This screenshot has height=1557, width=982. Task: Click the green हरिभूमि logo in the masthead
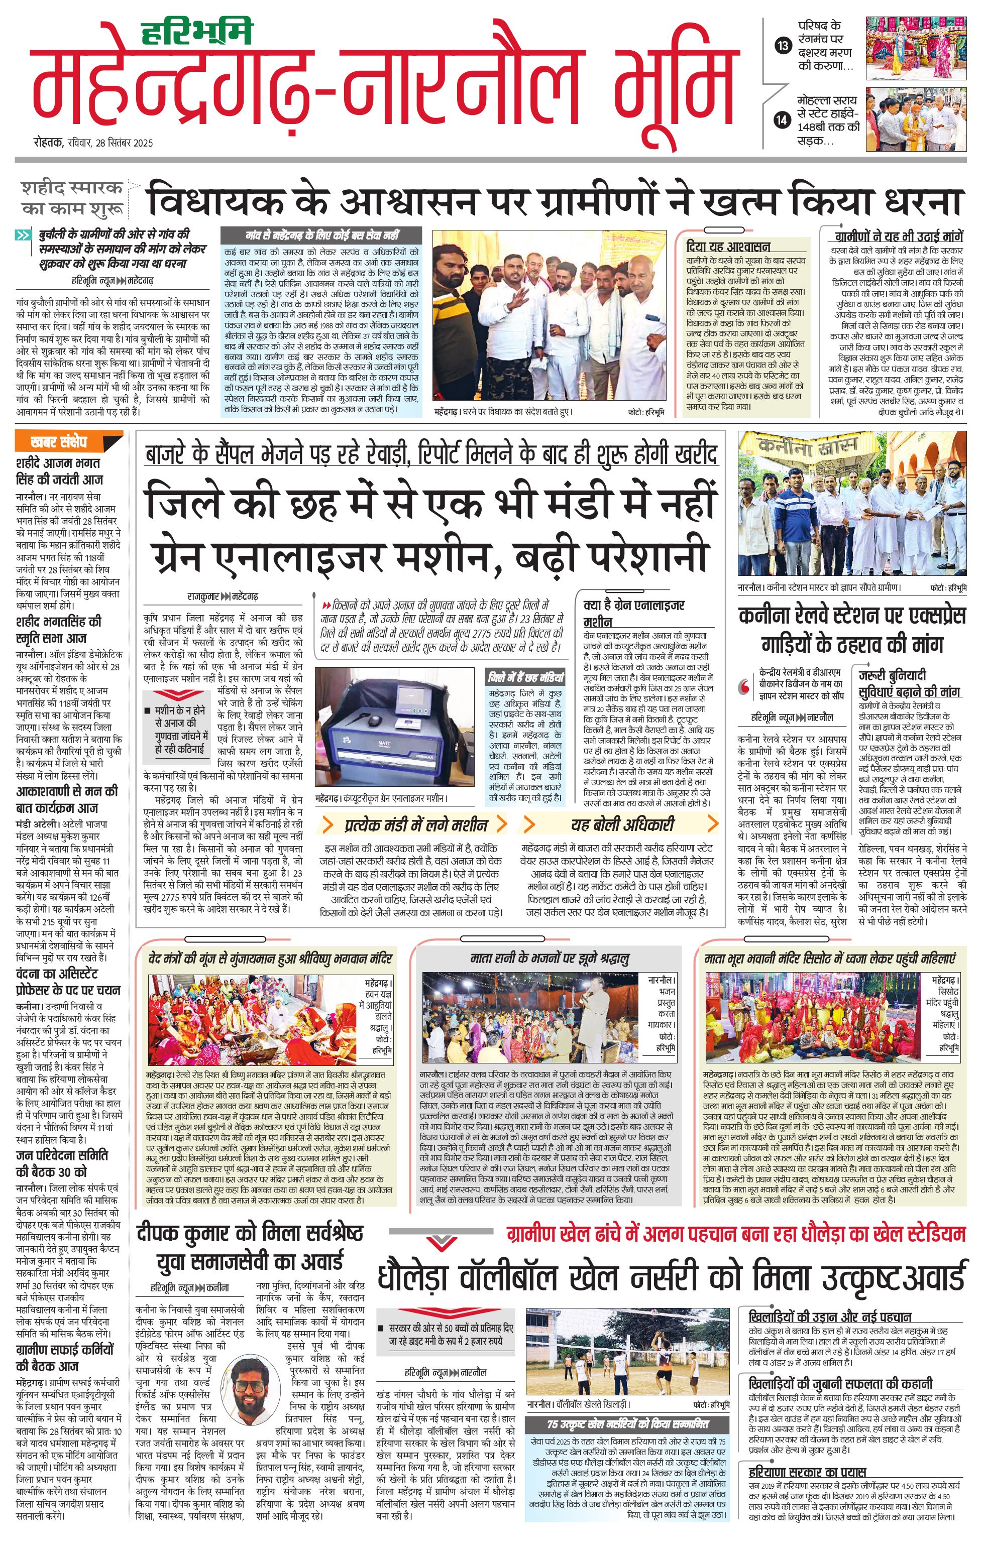pos(197,32)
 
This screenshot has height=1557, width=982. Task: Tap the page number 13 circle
pos(783,45)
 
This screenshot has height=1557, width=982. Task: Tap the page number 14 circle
pos(783,119)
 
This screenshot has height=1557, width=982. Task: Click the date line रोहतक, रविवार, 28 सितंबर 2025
pos(94,143)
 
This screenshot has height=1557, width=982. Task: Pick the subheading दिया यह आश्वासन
pos(728,247)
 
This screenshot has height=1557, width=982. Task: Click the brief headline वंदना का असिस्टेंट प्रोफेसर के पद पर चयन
pos(68,982)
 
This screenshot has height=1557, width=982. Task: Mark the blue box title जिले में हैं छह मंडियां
pos(525,678)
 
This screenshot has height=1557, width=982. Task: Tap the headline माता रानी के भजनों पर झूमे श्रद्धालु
pos(549,959)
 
